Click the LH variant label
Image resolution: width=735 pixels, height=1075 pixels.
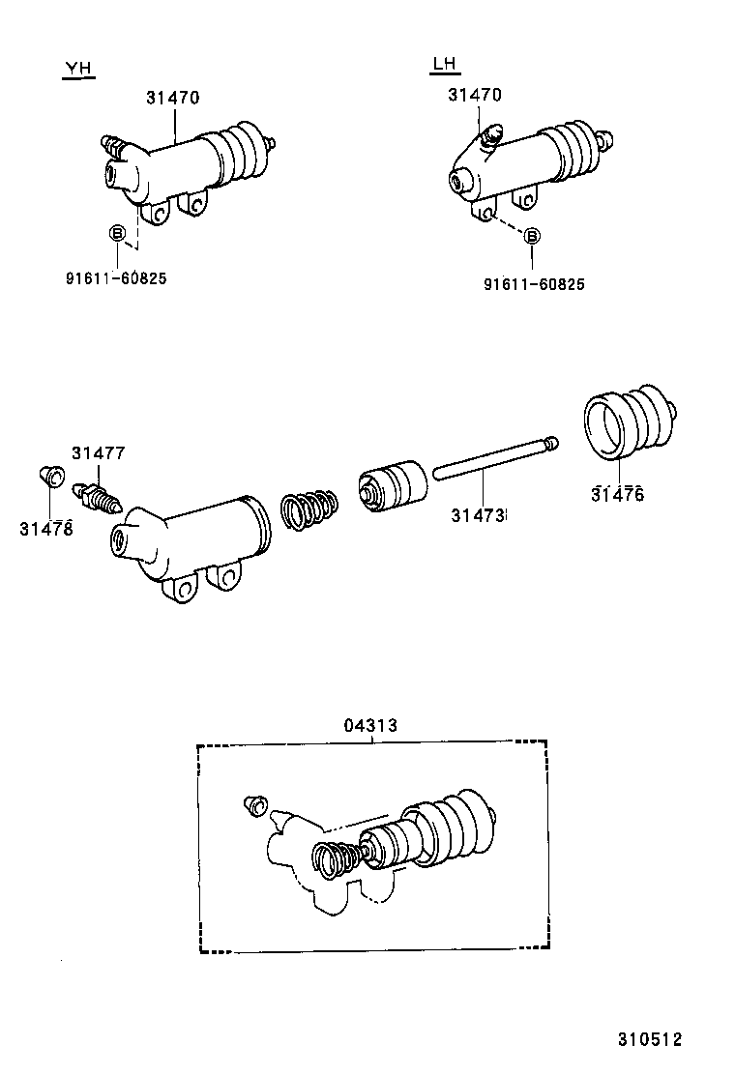click(x=444, y=65)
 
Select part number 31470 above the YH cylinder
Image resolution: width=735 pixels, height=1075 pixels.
click(x=173, y=97)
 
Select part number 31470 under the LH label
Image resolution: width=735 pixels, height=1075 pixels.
click(x=474, y=95)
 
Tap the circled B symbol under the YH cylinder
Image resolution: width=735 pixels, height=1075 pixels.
click(x=116, y=233)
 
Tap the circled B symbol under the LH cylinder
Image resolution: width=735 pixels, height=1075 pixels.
click(x=533, y=236)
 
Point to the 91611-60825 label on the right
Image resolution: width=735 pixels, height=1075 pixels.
click(x=533, y=283)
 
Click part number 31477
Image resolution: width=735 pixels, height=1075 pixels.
click(x=98, y=452)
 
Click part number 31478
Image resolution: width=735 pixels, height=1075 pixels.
click(x=45, y=528)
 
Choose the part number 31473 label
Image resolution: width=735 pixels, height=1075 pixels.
click(x=478, y=516)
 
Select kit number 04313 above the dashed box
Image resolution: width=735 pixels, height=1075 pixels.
click(x=370, y=725)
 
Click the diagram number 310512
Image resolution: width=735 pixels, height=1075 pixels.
click(x=650, y=1040)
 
